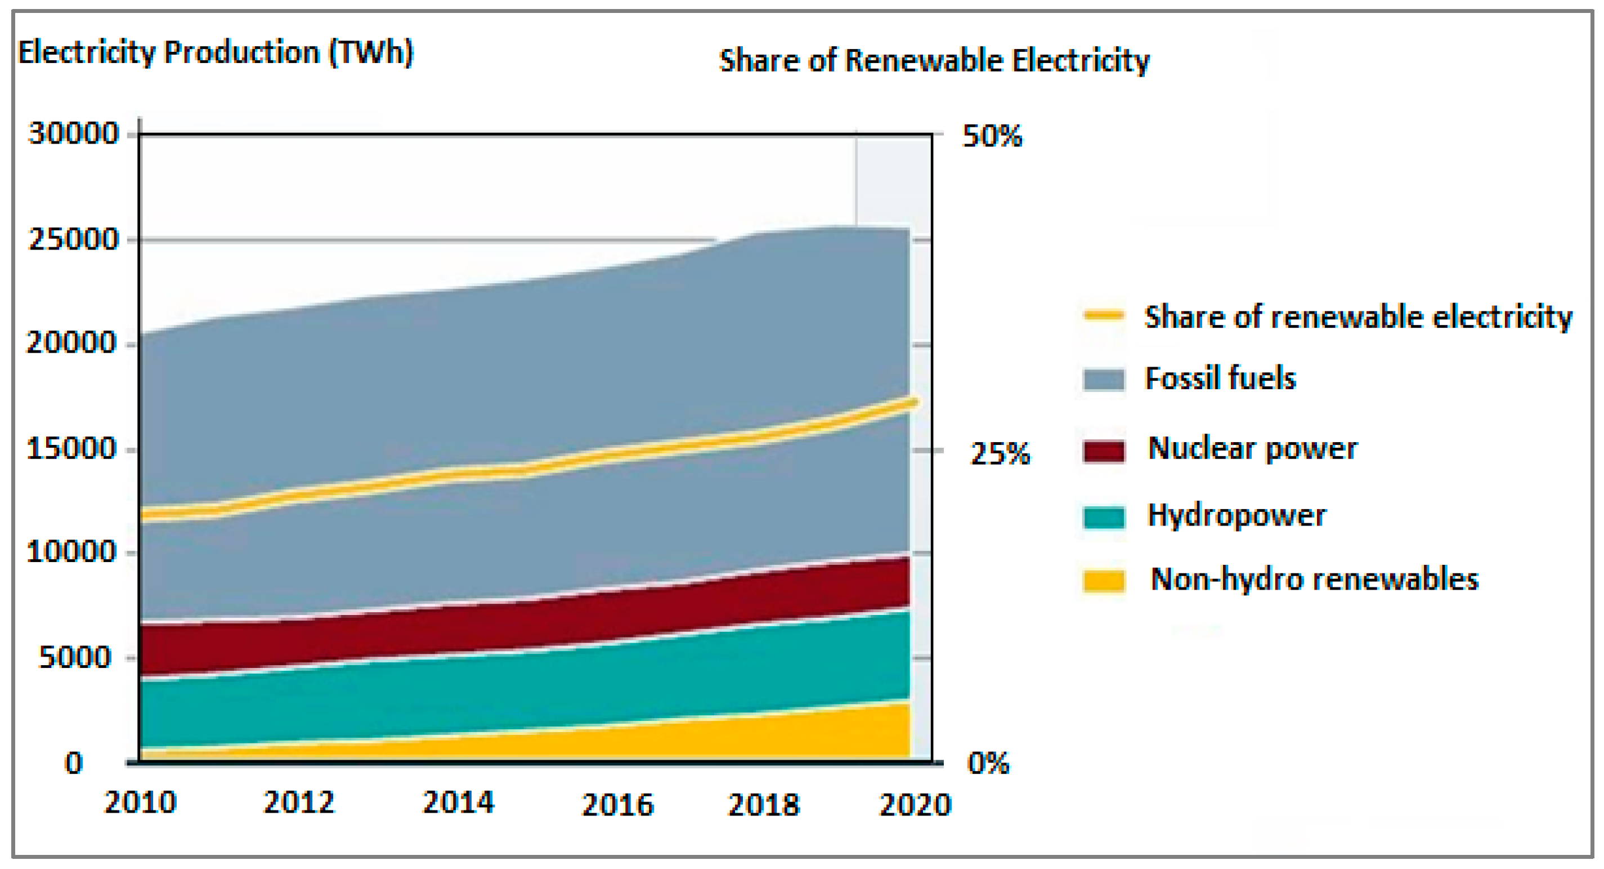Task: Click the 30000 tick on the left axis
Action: point(74,134)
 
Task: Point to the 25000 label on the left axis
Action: point(74,240)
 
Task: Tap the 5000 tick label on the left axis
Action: point(75,658)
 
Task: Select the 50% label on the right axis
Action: point(992,136)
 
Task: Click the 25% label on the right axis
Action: point(1000,453)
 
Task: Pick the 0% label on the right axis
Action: point(988,763)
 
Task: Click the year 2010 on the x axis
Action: point(141,803)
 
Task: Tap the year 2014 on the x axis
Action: point(458,803)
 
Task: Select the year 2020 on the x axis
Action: point(915,805)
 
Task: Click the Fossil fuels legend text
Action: point(1220,378)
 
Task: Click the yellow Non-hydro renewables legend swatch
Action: point(1104,581)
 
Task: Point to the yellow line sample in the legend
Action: point(1104,315)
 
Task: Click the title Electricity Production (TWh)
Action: point(216,52)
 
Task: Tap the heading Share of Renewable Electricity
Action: point(934,61)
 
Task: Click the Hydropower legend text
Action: point(1236,516)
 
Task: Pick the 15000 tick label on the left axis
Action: point(71,449)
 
